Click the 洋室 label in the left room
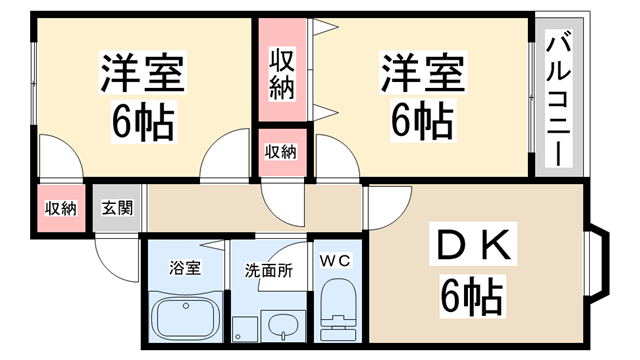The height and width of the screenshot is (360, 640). coord(142,75)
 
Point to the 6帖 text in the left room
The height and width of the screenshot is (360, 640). coord(142,122)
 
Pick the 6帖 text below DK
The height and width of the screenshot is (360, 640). coord(470,295)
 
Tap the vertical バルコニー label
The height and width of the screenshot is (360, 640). coord(557,100)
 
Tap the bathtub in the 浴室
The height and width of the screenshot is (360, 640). coord(187,318)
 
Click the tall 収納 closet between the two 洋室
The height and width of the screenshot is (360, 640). coord(281,73)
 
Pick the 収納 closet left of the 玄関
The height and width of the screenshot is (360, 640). coord(61,209)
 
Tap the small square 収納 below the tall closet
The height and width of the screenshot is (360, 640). coord(281,152)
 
